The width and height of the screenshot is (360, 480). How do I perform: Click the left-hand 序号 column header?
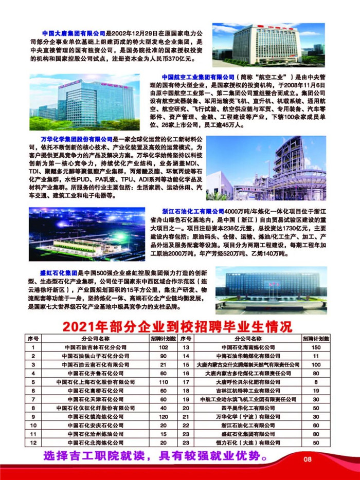pos(33,339)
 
